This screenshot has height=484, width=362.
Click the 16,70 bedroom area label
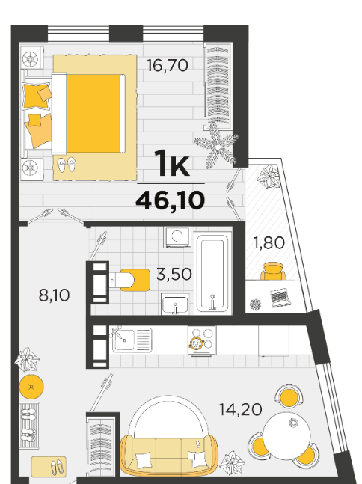tap(167, 65)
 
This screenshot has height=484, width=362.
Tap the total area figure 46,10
tap(171, 200)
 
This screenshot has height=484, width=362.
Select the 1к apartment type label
tap(172, 163)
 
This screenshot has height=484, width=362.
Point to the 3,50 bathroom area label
tap(174, 274)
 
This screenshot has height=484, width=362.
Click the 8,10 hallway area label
tap(55, 295)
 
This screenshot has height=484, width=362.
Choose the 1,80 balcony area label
tap(269, 242)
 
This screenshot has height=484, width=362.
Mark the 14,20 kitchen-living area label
tap(240, 410)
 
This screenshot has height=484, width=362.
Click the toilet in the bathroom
tap(129, 280)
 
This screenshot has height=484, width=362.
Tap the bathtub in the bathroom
tap(212, 273)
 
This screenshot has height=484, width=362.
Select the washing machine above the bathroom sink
tap(177, 237)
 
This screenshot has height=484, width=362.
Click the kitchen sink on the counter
tap(132, 340)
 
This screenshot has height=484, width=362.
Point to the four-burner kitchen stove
tap(202, 340)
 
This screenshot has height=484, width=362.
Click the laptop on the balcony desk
tap(280, 298)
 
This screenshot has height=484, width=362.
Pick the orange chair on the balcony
tap(273, 271)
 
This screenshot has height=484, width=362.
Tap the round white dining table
tap(286, 435)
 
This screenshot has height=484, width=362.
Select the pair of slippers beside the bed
tap(67, 165)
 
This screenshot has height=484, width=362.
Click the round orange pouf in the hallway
tap(31, 387)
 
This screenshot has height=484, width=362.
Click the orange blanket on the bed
tap(93, 113)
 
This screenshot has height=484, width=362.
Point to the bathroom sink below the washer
tap(175, 304)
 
